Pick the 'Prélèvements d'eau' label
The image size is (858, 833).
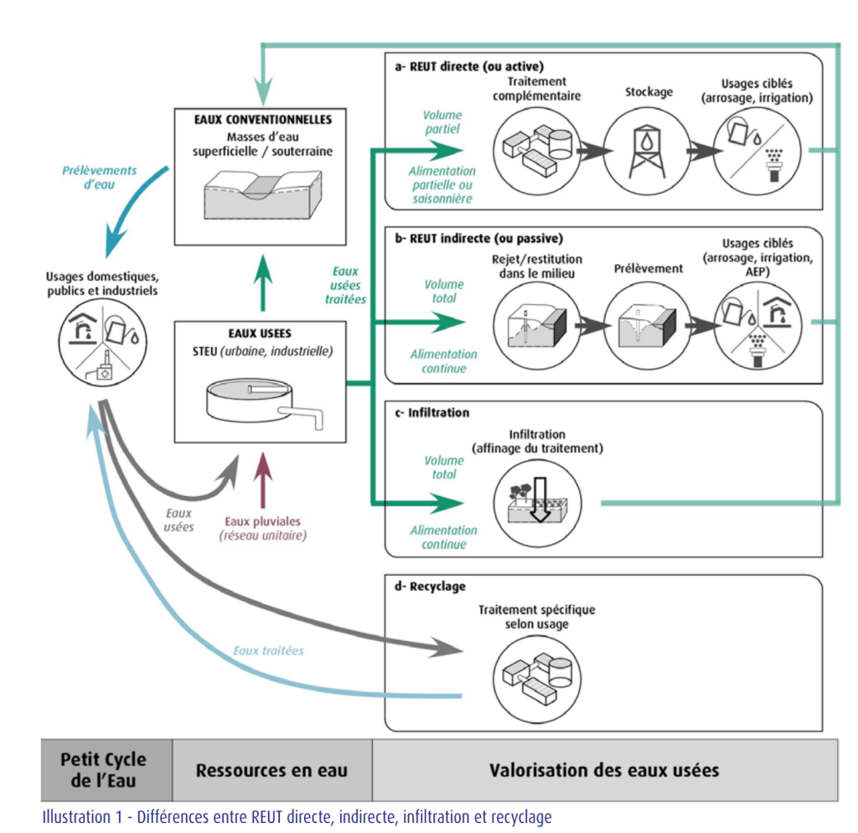[99, 178]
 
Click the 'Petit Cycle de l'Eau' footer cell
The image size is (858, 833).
[104, 769]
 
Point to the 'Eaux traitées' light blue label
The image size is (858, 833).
[268, 650]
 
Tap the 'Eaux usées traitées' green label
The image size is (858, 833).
[345, 285]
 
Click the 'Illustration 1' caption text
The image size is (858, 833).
[297, 816]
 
